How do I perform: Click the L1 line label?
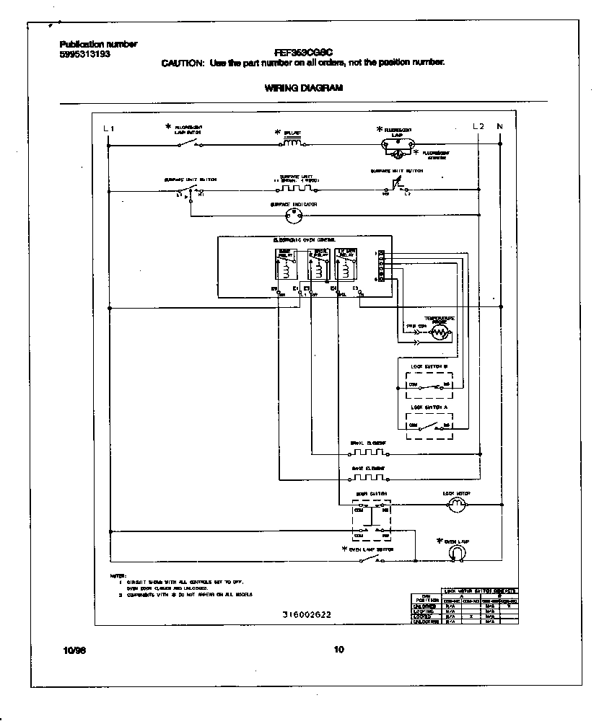click(109, 128)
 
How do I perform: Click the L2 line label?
click(478, 127)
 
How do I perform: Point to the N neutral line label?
click(499, 127)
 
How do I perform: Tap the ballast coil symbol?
click(292, 143)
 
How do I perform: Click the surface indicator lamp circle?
click(294, 215)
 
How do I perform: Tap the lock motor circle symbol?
click(455, 506)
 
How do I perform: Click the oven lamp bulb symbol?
click(456, 553)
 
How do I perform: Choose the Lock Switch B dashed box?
click(430, 381)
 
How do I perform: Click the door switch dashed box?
click(372, 521)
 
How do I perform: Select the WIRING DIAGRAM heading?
click(299, 88)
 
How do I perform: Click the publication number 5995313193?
click(85, 54)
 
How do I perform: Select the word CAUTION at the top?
click(182, 63)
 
